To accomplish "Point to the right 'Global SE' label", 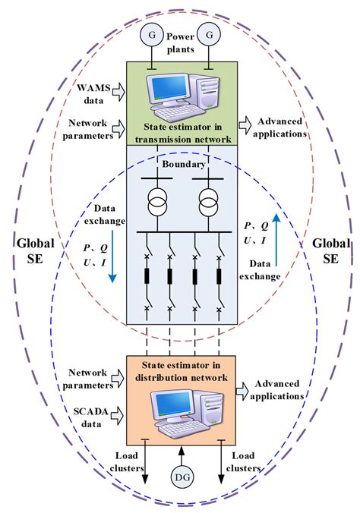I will pos(331,252).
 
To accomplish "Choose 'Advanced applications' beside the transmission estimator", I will pos(282,127).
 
